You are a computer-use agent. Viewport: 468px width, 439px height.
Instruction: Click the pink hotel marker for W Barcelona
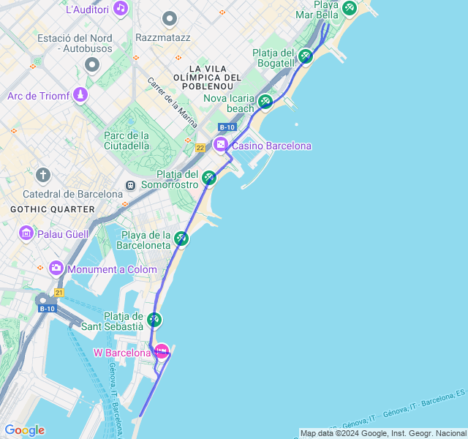pyautogui.click(x=162, y=351)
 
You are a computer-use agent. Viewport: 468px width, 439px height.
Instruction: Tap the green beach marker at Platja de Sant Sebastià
pyautogui.click(x=154, y=320)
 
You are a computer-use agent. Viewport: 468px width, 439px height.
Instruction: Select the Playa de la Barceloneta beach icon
pyautogui.click(x=181, y=239)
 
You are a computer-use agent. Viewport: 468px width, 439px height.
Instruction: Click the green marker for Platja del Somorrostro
pyautogui.click(x=210, y=178)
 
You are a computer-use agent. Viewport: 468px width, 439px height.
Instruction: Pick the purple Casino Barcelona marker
pyautogui.click(x=221, y=145)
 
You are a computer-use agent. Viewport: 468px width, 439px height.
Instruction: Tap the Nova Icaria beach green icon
pyautogui.click(x=265, y=101)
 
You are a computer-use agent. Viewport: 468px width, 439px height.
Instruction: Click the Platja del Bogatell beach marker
pyautogui.click(x=306, y=56)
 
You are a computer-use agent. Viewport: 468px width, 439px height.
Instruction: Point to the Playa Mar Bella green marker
pyautogui.click(x=349, y=8)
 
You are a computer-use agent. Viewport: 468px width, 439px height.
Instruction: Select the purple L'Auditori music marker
pyautogui.click(x=121, y=9)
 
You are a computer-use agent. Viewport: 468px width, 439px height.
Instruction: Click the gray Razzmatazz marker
pyautogui.click(x=170, y=18)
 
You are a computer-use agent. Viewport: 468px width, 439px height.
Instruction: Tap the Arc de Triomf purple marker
pyautogui.click(x=80, y=95)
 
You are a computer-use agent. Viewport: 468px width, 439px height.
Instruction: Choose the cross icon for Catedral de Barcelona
pyautogui.click(x=43, y=176)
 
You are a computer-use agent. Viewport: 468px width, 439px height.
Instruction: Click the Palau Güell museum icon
pyautogui.click(x=26, y=233)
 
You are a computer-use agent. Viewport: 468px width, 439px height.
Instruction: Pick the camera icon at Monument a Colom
pyautogui.click(x=56, y=269)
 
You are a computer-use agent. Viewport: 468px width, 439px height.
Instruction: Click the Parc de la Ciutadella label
pyautogui.click(x=127, y=140)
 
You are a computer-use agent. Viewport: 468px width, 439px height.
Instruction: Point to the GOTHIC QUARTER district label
pyautogui.click(x=53, y=209)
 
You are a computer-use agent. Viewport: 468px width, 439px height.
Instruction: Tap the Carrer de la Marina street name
pyautogui.click(x=173, y=103)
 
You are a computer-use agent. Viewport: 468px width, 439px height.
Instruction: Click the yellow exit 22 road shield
pyautogui.click(x=200, y=149)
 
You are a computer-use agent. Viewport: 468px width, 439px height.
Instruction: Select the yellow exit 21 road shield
pyautogui.click(x=59, y=293)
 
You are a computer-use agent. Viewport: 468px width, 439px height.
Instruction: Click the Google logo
pyautogui.click(x=24, y=429)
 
